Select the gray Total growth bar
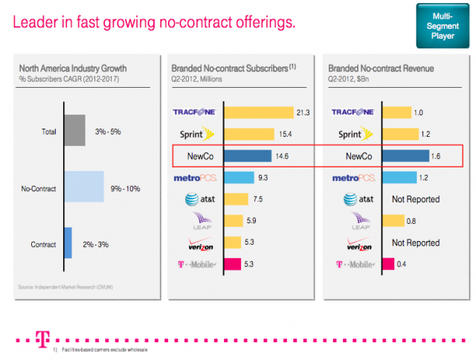[75, 131]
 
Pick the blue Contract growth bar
[68, 242]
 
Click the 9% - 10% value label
[126, 187]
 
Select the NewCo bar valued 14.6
[248, 156]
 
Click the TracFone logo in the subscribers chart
[194, 113]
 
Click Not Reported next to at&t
[416, 199]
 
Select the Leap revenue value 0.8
[411, 221]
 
